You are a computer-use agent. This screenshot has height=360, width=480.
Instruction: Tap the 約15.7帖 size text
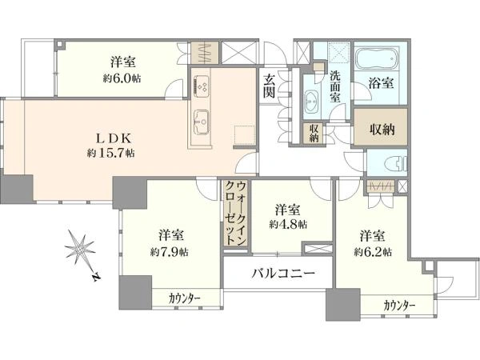pyautogui.click(x=111, y=152)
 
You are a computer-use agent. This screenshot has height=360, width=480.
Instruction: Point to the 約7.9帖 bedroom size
pyautogui.click(x=173, y=251)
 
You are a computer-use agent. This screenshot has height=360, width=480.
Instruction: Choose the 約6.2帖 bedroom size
pyautogui.click(x=374, y=251)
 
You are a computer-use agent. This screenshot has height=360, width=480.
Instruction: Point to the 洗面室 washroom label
pyautogui.click(x=336, y=85)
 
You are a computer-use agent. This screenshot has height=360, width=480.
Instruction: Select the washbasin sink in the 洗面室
pyautogui.click(x=311, y=101)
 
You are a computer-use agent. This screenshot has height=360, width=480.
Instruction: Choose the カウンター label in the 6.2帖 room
pyautogui.click(x=399, y=305)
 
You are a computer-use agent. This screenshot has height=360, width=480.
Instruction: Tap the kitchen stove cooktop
pyautogui.click(x=201, y=82)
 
